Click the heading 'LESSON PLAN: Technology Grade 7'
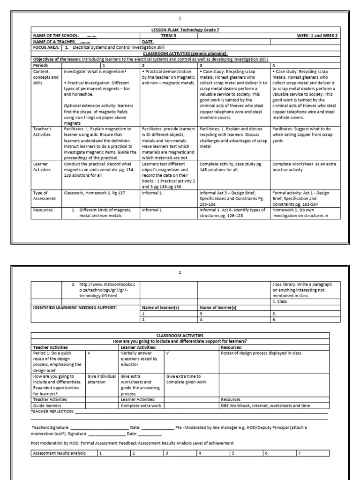pyautogui.click(x=179, y=30)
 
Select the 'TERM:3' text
pyautogui.click(x=168, y=36)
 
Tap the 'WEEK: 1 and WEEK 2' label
pyautogui.click(x=316, y=36)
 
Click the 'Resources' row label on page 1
pyautogui.click(x=43, y=210)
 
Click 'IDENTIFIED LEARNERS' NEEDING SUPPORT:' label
pyautogui.click(x=74, y=307)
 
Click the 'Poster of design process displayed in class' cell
pyautogui.click(x=262, y=353)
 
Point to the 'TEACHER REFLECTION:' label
pyautogui.click(x=52, y=411)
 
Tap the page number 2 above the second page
pyautogui.click(x=180, y=272)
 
